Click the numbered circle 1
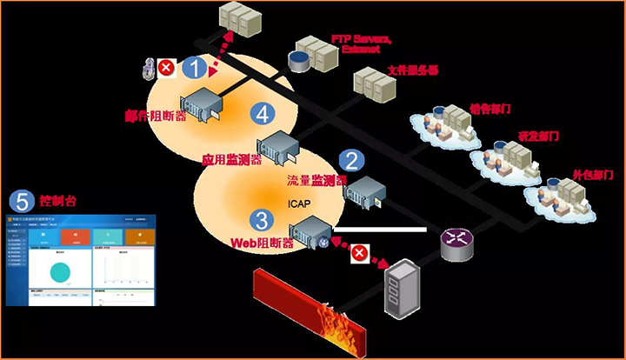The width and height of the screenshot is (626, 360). [196, 67]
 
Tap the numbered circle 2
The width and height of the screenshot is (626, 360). [351, 160]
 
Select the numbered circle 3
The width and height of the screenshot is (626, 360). [259, 220]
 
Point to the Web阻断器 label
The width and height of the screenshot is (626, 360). [261, 243]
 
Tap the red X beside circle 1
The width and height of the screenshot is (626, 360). [166, 65]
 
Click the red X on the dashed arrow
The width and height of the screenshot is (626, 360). [357, 253]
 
